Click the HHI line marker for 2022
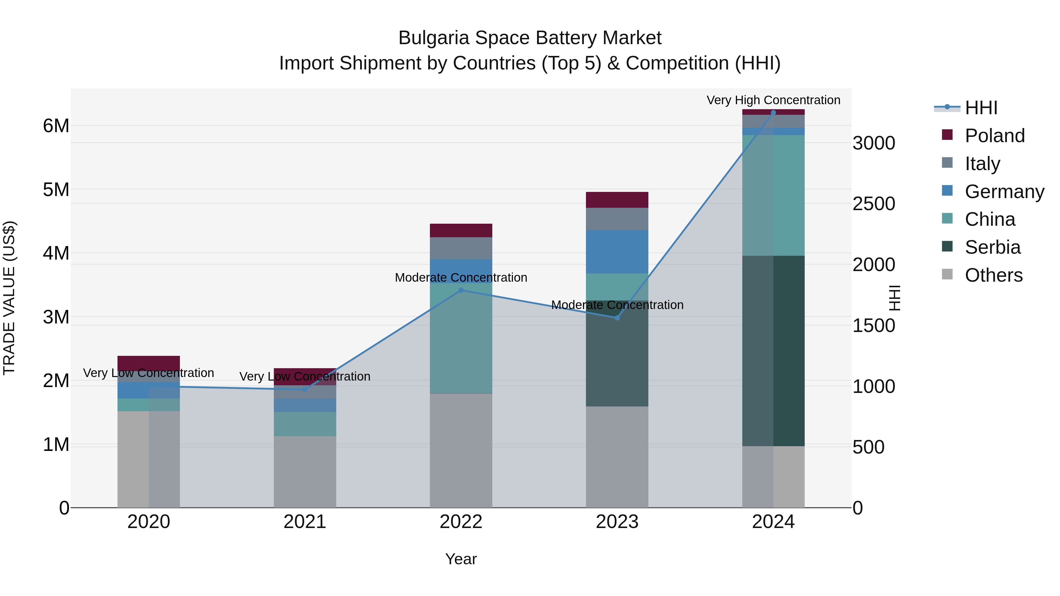pos(461,290)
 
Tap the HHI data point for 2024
pos(773,112)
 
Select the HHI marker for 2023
pos(617,318)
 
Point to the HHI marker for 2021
pos(305,389)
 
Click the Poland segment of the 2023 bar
pos(617,200)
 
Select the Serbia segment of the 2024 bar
pos(773,351)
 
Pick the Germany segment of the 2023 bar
pos(617,252)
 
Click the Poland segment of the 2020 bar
pos(149,363)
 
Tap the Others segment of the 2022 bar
pos(461,450)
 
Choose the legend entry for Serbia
pos(993,247)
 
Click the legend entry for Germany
pos(1004,192)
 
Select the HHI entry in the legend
pos(981,108)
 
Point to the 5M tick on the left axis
pos(56,190)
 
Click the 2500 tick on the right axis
pos(874,204)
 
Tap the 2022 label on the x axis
pos(461,522)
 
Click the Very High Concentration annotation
pos(773,100)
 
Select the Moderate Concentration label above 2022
pos(461,278)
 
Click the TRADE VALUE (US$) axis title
pos(9,298)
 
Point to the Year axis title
pos(461,559)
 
